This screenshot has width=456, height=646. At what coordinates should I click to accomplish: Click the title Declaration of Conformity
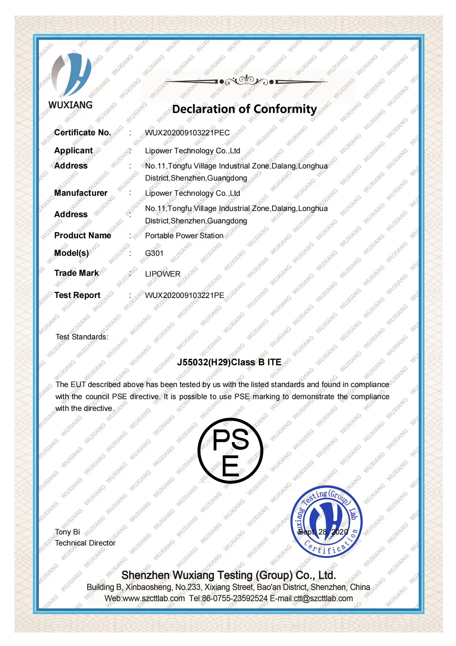[x=244, y=109]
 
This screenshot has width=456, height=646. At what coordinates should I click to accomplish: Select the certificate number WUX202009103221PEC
[x=187, y=133]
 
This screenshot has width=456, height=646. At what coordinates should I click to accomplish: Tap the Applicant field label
[x=73, y=151]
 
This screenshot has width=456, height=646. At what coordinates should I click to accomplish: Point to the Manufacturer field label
[x=81, y=193]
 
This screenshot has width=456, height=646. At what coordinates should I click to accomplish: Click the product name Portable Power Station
[x=184, y=236]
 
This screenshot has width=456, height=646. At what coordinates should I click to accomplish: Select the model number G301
[x=154, y=253]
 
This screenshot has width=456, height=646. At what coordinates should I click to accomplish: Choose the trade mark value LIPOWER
[x=163, y=274]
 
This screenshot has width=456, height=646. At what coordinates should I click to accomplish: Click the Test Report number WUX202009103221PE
[x=184, y=296]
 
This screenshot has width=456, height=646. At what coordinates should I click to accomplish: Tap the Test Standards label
[x=82, y=337]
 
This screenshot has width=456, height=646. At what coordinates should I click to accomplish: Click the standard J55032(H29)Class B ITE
[x=229, y=362]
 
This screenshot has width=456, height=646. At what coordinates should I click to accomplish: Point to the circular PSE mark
[x=230, y=451]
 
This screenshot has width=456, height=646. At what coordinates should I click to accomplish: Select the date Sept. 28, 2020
[x=323, y=532]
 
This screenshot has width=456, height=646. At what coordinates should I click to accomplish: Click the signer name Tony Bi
[x=68, y=532]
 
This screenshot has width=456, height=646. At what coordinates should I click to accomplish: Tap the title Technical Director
[x=85, y=543]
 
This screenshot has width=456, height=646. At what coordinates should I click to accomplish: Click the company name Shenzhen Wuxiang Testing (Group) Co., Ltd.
[x=229, y=575]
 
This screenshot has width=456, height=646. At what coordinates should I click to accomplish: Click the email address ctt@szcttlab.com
[x=323, y=598]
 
